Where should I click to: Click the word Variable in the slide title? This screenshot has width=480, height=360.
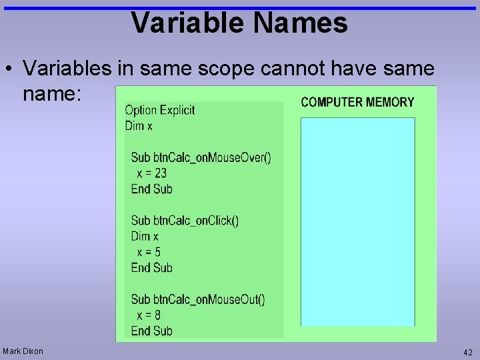pos(189,23)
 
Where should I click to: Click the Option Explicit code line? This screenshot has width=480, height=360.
pos(159,110)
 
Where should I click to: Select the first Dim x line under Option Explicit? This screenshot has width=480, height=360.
pos(139,126)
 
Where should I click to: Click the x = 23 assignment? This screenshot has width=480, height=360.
pos(151,173)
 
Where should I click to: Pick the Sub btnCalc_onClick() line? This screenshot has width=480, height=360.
pos(185,221)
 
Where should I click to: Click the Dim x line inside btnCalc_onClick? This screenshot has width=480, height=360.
pos(145,236)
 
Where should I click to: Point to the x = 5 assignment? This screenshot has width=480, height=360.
pos(149,252)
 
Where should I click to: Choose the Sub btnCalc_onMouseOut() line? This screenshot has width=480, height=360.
pos(198,299)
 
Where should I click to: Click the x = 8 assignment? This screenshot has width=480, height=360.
pos(149,315)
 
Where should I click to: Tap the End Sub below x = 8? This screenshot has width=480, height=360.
pos(151,331)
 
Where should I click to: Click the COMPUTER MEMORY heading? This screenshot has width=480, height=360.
pos(357,102)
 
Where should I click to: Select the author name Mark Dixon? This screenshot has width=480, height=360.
pos(23,351)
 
